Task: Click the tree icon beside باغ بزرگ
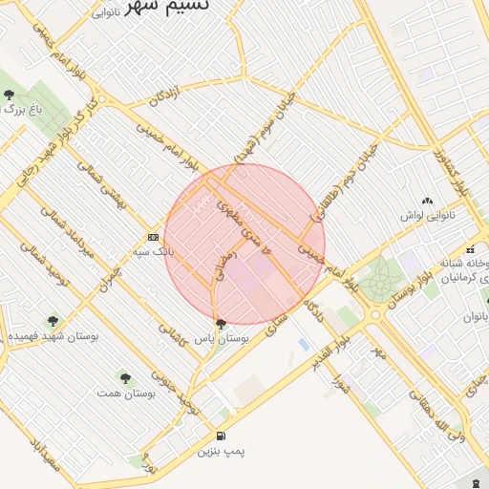pos(9,95)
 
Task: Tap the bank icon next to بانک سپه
pos(153,237)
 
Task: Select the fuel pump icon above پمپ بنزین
pos(222,436)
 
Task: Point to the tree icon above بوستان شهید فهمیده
pos(53,321)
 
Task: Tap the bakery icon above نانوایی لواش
pos(426,201)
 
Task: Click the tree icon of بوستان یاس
pos(222,323)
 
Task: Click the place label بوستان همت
pos(126,393)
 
